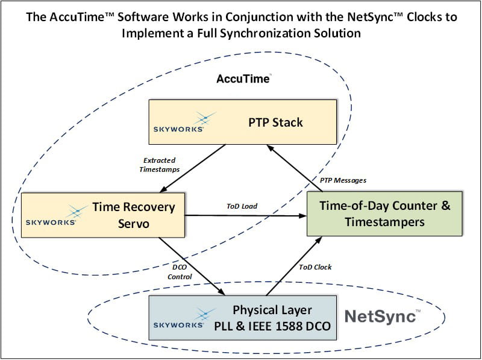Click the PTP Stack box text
pos(275,122)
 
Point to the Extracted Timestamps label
pos(160,165)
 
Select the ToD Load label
pos(242,206)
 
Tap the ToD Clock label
pos(315,267)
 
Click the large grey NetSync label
pos(380,316)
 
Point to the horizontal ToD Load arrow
pos(253,215)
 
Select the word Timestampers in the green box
pos(384,222)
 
